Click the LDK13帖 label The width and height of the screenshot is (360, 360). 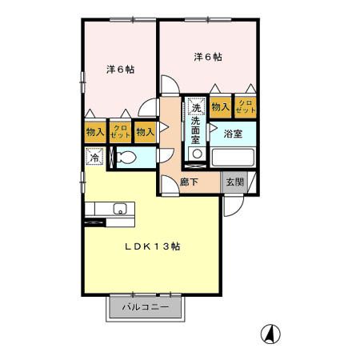pos(151,247)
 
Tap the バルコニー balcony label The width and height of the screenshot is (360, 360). pos(146,307)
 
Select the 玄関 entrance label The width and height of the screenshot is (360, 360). pos(234,182)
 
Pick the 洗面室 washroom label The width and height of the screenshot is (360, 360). pos(197,129)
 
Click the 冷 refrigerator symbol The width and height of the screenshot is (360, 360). pos(94,158)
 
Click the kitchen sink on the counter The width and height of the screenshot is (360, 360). pos(120,210)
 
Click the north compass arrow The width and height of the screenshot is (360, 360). pos(272,334)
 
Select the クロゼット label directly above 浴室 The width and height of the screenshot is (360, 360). pos(246,107)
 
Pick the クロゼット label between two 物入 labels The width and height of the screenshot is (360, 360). pos(120,132)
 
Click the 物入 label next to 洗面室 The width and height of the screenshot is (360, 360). pos(221,107)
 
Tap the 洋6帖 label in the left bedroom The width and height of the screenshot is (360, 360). pos(120,70)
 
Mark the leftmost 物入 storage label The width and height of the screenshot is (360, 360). pos(95,132)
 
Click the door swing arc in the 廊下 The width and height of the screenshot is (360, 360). pos(168,186)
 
